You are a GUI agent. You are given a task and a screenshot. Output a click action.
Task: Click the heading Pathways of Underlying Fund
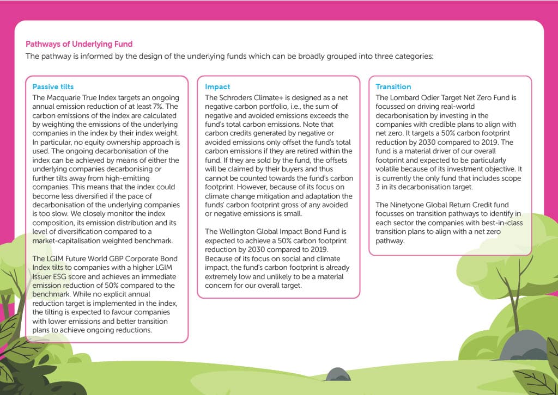point(79,44)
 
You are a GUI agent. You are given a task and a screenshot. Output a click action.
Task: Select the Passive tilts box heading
point(53,87)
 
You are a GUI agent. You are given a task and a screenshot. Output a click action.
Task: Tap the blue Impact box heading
point(217,87)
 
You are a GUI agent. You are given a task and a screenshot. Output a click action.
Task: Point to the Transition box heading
point(393,87)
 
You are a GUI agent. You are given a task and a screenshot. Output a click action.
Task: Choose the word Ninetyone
point(408,205)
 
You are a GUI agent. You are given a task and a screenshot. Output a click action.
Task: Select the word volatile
point(389,169)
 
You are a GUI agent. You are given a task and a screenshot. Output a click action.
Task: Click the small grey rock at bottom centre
point(338,374)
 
